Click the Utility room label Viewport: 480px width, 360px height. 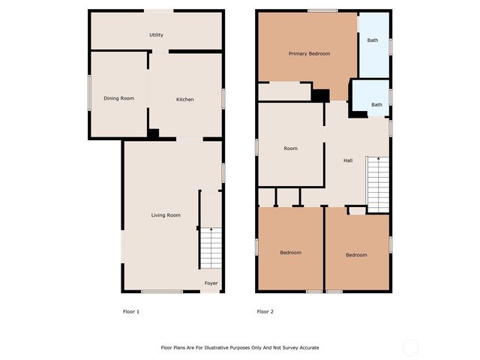pyautogui.click(x=156, y=35)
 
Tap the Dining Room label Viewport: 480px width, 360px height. pyautogui.click(x=118, y=98)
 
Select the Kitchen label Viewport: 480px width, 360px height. pyautogui.click(x=185, y=100)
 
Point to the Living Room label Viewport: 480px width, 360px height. pyautogui.click(x=166, y=215)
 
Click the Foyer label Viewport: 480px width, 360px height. pyautogui.click(x=211, y=283)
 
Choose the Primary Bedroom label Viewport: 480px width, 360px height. pyautogui.click(x=309, y=54)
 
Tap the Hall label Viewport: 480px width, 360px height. pyautogui.click(x=348, y=160)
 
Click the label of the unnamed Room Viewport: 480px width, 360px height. pyautogui.click(x=290, y=148)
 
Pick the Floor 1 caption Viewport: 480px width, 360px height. pyautogui.click(x=130, y=311)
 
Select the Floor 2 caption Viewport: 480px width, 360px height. pyautogui.click(x=265, y=311)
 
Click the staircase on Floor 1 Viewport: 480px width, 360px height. pyautogui.click(x=211, y=247)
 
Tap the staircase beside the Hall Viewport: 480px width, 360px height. pyautogui.click(x=378, y=184)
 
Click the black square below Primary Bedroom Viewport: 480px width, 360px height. pyautogui.click(x=321, y=95)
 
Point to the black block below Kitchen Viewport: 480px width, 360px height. pyautogui.click(x=153, y=133)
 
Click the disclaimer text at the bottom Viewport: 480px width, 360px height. pyautogui.click(x=240, y=347)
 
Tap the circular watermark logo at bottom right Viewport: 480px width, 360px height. pyautogui.click(x=409, y=347)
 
